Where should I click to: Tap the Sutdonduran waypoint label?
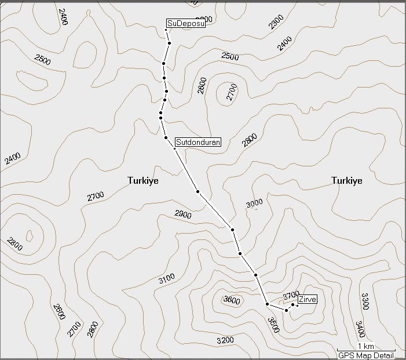(198, 142)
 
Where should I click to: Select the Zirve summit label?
(308, 300)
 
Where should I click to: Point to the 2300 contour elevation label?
(277, 22)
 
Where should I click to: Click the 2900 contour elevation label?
(182, 214)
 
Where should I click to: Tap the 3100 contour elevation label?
(166, 278)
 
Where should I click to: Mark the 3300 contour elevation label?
(364, 301)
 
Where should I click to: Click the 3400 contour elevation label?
(360, 329)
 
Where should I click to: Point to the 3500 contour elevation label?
(275, 325)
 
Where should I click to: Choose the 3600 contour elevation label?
(231, 300)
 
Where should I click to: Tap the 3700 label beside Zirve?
(291, 296)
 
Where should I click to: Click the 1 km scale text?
(365, 346)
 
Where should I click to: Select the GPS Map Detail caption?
(366, 355)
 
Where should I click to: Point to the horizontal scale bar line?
(365, 351)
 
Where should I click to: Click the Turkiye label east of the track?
(347, 181)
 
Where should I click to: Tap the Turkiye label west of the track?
(143, 181)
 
